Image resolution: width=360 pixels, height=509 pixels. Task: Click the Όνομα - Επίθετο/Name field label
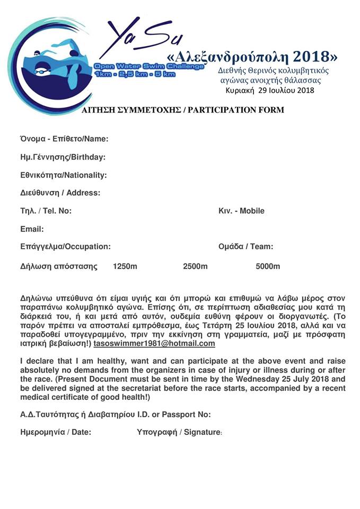pyautogui.click(x=64, y=139)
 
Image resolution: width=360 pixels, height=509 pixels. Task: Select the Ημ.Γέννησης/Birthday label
pyautogui.click(x=63, y=157)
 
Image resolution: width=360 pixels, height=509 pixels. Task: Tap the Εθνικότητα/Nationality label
pyautogui.click(x=64, y=175)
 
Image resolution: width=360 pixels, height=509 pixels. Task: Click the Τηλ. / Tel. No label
pyautogui.click(x=46, y=211)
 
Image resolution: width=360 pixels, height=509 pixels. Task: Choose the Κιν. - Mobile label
pyautogui.click(x=241, y=211)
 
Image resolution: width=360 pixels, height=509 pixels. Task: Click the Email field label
pyautogui.click(x=32, y=229)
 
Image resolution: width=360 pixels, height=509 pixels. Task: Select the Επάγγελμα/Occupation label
pyautogui.click(x=65, y=247)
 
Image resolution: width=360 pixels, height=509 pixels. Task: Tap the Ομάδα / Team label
pyautogui.click(x=246, y=247)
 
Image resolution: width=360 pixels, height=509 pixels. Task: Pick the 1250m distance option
pyautogui.click(x=125, y=266)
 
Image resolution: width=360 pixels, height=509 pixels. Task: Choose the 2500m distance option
pyautogui.click(x=195, y=266)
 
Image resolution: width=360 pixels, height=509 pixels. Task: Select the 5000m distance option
pyautogui.click(x=268, y=266)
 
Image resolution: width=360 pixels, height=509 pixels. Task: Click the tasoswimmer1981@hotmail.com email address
pyautogui.click(x=154, y=344)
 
